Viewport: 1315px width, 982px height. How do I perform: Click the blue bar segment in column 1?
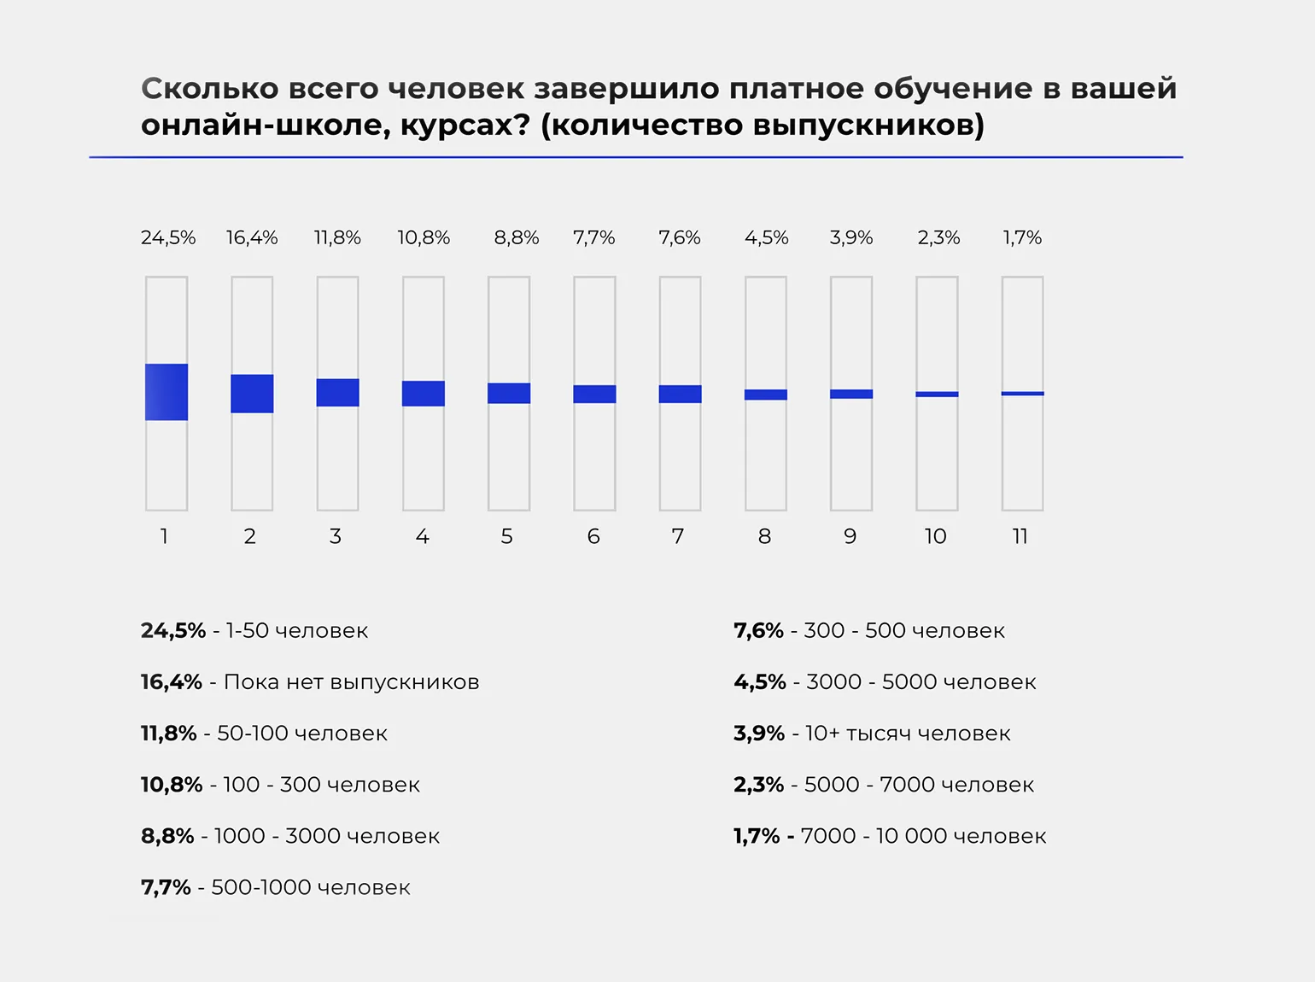pos(167,392)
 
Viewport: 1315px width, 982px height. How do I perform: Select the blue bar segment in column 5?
pos(509,393)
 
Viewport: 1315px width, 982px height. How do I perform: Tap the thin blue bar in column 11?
pos(1022,394)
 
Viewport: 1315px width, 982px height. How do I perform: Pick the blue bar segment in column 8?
pos(766,395)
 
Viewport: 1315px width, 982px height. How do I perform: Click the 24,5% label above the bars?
pos(168,237)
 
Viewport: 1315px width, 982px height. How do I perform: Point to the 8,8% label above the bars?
pos(517,237)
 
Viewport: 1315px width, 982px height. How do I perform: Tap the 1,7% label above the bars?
pos(1022,237)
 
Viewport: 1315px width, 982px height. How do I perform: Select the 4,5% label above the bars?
pos(766,237)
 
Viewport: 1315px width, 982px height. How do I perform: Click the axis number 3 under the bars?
pos(336,536)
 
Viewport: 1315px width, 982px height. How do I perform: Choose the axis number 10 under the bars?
pos(935,536)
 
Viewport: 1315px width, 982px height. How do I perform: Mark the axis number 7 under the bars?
pos(678,536)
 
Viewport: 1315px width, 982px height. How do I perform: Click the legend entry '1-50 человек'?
pos(296,631)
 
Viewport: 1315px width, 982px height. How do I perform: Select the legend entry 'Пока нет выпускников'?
pos(351,682)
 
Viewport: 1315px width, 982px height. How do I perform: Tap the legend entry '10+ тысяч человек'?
pos(907,734)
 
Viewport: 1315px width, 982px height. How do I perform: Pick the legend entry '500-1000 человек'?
pos(310,888)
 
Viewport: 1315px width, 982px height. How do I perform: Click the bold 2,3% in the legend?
pos(758,785)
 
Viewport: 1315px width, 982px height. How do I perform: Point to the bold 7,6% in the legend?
pos(758,631)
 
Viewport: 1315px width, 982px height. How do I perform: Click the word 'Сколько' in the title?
pos(210,89)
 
